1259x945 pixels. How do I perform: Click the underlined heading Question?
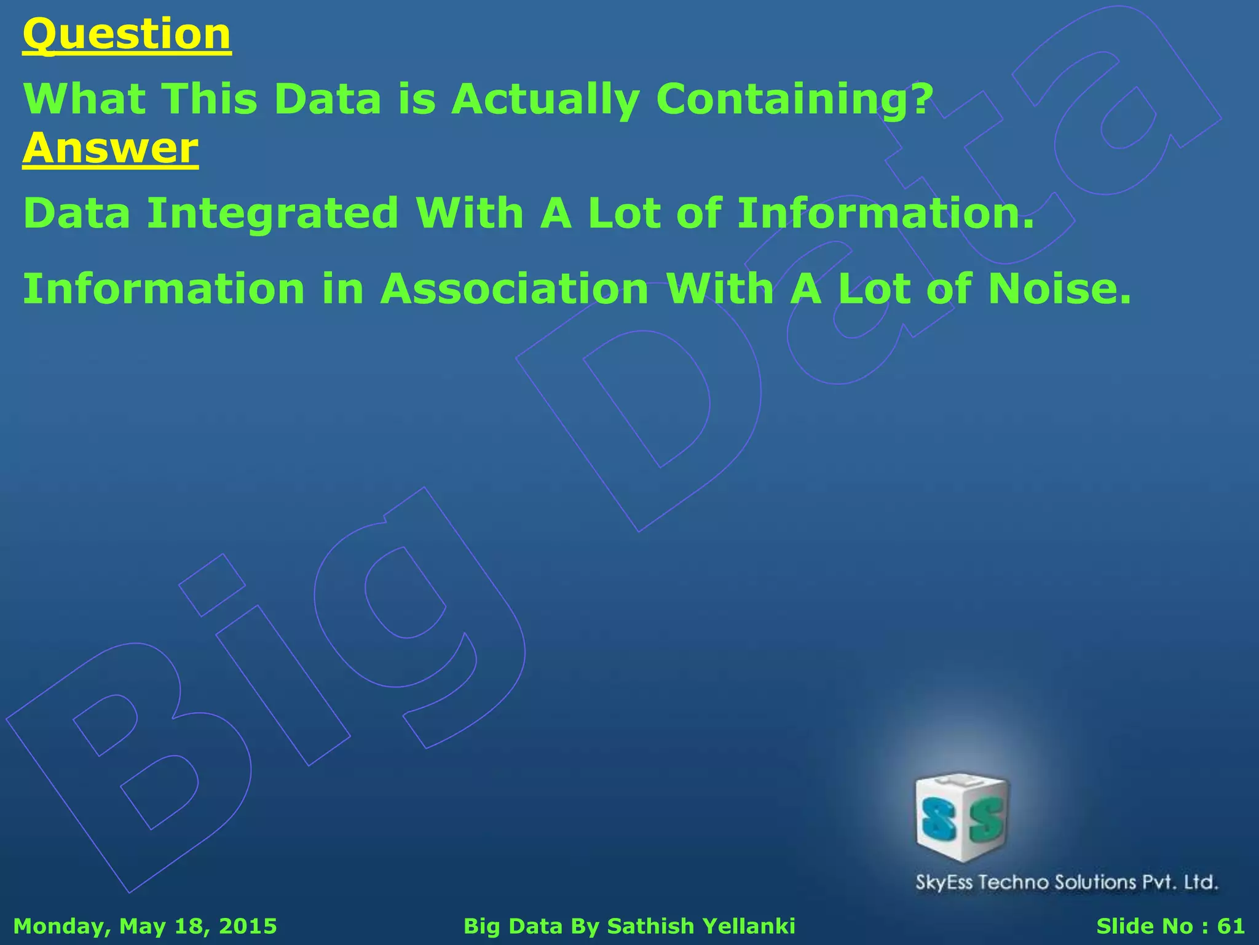127,34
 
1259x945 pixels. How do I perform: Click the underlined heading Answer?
111,149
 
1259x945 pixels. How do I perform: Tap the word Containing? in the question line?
795,99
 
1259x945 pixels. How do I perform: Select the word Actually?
545,99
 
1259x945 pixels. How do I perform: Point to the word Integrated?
273,213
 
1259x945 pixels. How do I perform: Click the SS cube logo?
962,817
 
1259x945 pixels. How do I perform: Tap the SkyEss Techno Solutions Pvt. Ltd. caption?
1067,882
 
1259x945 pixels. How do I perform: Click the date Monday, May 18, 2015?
145,926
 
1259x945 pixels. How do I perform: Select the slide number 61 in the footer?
1231,926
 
